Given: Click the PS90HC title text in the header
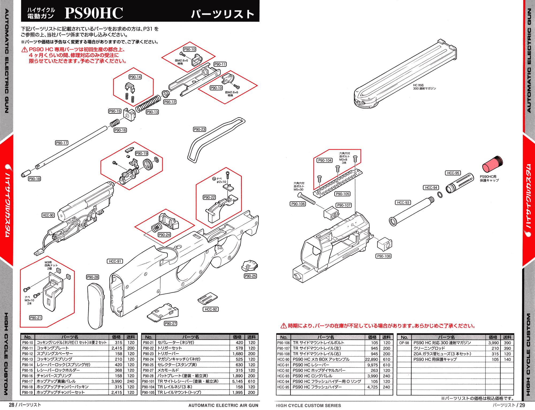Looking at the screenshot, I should pyautogui.click(x=94, y=13).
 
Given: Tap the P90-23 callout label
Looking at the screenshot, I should pyautogui.click(x=200, y=129).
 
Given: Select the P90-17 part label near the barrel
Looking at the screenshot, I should pyautogui.click(x=62, y=143).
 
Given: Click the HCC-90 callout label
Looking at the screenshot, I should pyautogui.click(x=48, y=215).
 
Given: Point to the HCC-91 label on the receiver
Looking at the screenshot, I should pyautogui.click(x=115, y=261).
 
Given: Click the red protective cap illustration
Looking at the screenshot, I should pyautogui.click(x=492, y=164).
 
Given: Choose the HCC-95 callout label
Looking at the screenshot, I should pyautogui.click(x=453, y=173).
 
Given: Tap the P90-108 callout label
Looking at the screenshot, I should pyautogui.click(x=384, y=256).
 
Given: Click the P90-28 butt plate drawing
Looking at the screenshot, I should pyautogui.click(x=95, y=306).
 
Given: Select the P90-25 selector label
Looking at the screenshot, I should pyautogui.click(x=250, y=276).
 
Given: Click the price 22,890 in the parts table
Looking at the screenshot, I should pyautogui.click(x=372, y=359).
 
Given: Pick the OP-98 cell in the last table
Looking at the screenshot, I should pyautogui.click(x=404, y=343).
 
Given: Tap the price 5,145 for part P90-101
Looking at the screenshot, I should pyautogui.click(x=238, y=381).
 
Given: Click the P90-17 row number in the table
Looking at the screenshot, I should pyautogui.click(x=28, y=381).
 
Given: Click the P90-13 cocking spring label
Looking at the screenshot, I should pyautogui.click(x=152, y=112).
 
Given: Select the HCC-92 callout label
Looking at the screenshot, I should pyautogui.click(x=211, y=309).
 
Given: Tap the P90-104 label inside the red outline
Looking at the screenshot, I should pyautogui.click(x=325, y=160).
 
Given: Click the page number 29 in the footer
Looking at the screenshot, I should pyautogui.click(x=522, y=405).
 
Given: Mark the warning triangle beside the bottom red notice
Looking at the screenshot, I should pyautogui.click(x=284, y=326).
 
